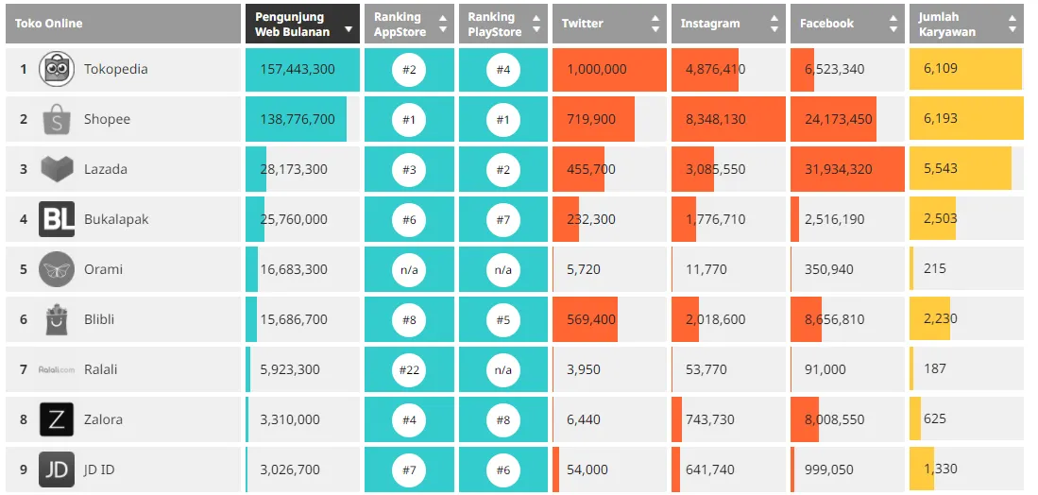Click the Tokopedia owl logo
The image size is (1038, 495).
(x=57, y=70)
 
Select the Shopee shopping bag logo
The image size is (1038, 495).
(x=57, y=120)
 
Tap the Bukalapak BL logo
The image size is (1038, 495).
(x=57, y=220)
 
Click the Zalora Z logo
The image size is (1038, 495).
(x=57, y=420)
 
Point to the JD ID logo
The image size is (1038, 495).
(x=57, y=470)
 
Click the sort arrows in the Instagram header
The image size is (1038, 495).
(x=774, y=24)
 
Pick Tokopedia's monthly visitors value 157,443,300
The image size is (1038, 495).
(x=294, y=70)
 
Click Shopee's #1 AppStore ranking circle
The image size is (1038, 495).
(x=409, y=120)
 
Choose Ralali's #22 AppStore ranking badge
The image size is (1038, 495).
(x=409, y=370)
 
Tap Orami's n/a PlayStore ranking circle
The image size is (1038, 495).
(x=503, y=270)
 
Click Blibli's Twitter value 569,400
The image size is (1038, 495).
(x=591, y=320)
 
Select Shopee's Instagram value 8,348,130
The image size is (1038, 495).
(x=715, y=120)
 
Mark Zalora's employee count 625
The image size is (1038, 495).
(x=935, y=420)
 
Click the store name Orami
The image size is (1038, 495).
(x=104, y=270)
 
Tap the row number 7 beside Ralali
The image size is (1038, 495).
(x=24, y=370)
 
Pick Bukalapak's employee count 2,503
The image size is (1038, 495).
(x=941, y=220)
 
